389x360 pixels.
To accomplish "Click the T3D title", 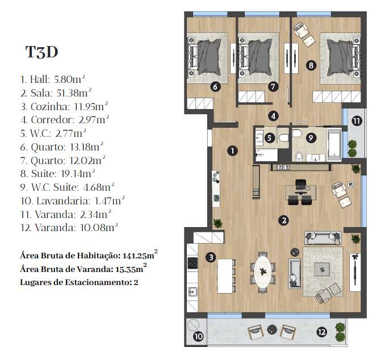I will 42,52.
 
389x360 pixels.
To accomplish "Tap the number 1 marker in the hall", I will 232,151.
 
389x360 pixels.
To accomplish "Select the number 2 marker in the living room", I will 283,220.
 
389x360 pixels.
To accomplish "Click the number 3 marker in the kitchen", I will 211,258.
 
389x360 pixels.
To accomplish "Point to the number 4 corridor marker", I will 274,116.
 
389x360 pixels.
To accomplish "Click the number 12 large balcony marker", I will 321,332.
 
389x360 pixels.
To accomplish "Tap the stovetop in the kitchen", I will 192,263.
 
